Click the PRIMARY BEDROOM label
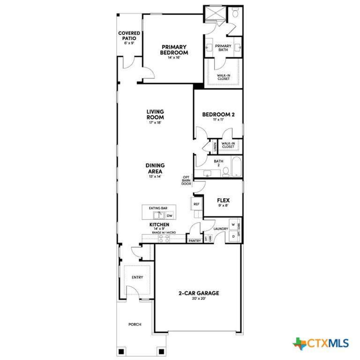pos(174,50)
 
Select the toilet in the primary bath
pos(234,14)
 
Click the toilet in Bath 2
pos(225,172)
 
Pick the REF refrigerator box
pos(196,204)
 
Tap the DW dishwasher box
pos(169,216)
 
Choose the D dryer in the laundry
pos(232,237)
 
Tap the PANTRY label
pos(195,240)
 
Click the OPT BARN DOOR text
pos(186,180)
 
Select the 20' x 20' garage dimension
pos(199,299)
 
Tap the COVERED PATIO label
pos(129,36)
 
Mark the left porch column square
pos(121,351)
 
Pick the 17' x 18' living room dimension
pos(155,122)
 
